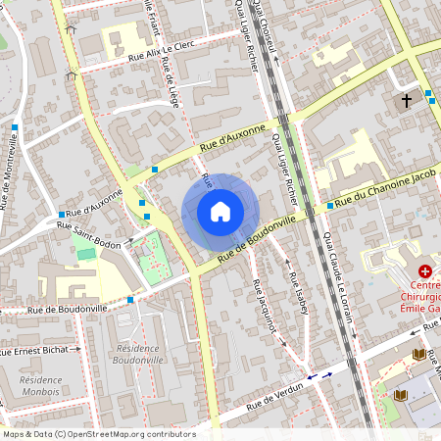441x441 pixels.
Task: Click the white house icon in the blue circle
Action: [220, 212]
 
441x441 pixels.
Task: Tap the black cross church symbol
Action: [406, 100]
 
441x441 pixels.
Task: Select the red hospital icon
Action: [425, 271]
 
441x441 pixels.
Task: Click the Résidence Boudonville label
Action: [139, 354]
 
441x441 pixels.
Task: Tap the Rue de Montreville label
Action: [10, 172]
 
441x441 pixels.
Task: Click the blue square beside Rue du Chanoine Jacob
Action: [329, 207]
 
